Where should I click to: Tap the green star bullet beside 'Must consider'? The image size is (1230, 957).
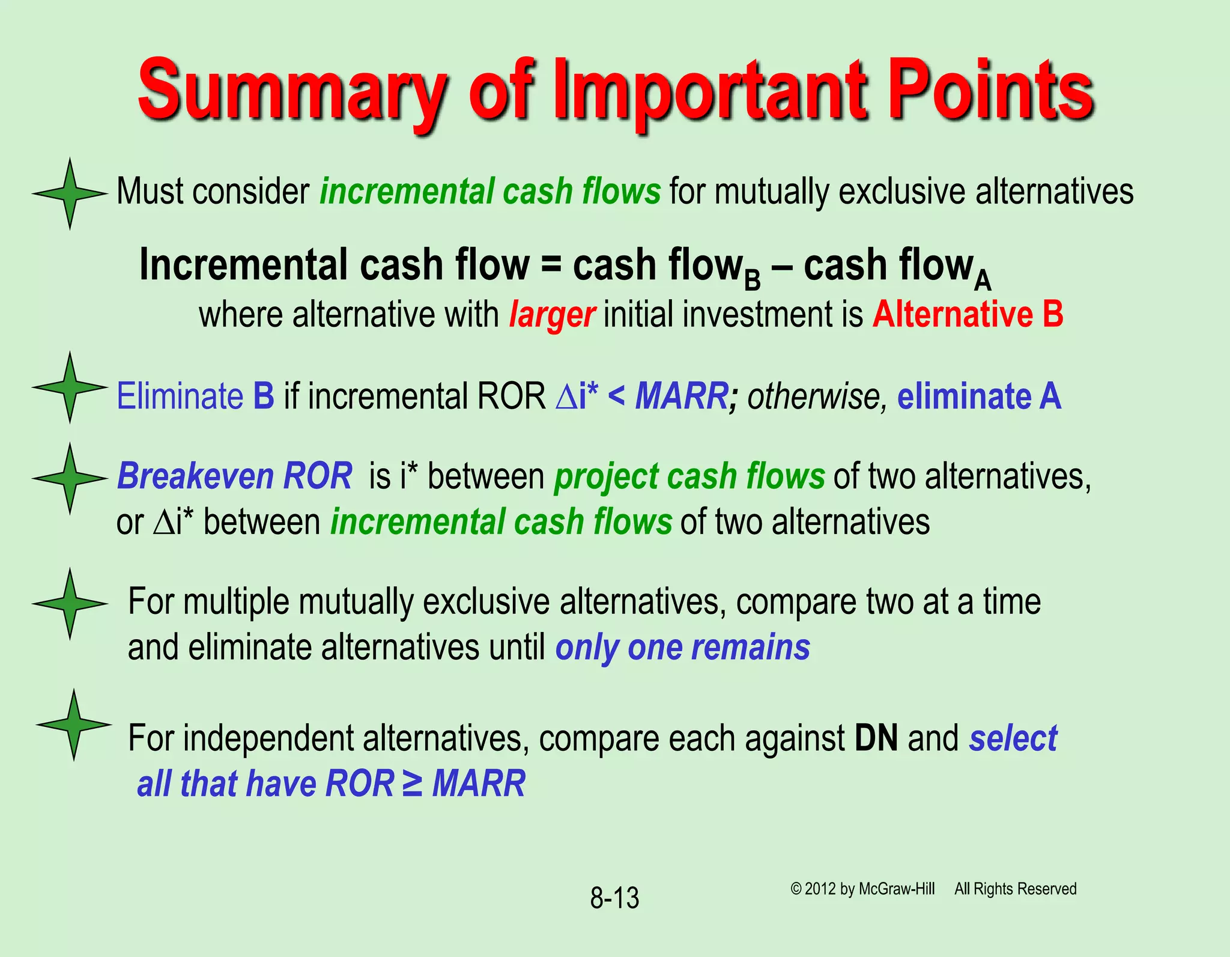[x=70, y=193]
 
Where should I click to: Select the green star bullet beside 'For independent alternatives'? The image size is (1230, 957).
[x=73, y=725]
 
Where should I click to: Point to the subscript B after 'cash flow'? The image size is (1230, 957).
[x=752, y=280]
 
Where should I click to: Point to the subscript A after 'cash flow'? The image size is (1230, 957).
[x=983, y=280]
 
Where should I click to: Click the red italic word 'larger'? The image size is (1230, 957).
[x=552, y=315]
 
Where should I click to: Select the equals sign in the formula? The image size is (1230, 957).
[x=551, y=266]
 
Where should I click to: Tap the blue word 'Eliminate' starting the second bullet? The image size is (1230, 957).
[x=180, y=396]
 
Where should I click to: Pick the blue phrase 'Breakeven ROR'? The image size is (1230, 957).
[x=235, y=476]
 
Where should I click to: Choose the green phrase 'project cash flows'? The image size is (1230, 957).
[x=689, y=476]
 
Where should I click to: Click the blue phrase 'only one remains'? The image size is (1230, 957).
[x=682, y=648]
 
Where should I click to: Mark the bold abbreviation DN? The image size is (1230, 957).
[x=876, y=738]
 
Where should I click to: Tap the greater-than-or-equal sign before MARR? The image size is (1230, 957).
[x=413, y=783]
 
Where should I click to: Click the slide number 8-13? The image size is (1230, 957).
[x=614, y=898]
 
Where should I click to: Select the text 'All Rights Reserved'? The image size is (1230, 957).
[x=1015, y=889]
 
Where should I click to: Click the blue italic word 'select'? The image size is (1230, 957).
[x=1013, y=738]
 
